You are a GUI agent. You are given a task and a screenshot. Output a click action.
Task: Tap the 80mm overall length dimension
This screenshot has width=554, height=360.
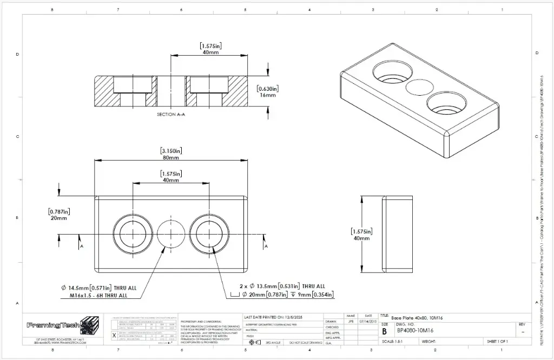click(x=170, y=158)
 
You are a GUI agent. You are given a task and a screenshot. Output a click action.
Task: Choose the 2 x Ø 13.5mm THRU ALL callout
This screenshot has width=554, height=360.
click(x=282, y=286)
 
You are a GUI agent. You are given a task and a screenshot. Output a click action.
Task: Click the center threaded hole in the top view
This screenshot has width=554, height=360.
click(x=171, y=235)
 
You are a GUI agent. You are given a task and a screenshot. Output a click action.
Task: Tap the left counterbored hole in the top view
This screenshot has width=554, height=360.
click(x=133, y=235)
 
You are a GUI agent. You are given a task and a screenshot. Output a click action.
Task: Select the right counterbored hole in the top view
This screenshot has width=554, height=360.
click(x=209, y=235)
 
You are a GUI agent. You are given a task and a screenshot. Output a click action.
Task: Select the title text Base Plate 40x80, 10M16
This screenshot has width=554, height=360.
click(x=417, y=318)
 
